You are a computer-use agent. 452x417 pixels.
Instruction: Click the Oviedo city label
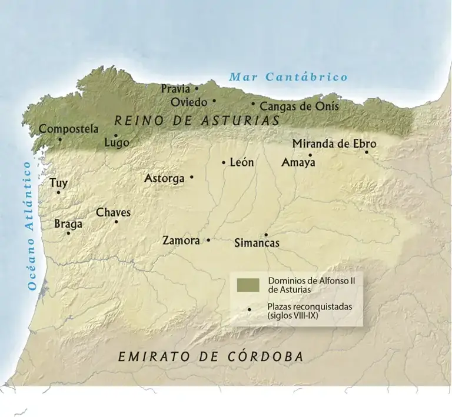pyautogui.click(x=188, y=102)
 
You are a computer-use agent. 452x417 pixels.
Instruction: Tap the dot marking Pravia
pyautogui.click(x=197, y=89)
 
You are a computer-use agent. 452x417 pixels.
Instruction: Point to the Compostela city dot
pyautogui.click(x=59, y=139)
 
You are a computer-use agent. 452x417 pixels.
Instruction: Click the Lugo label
pyautogui.click(x=116, y=143)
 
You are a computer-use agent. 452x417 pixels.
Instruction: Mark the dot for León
pyautogui.click(x=224, y=162)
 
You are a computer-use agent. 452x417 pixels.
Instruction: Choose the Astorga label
pyautogui.click(x=164, y=178)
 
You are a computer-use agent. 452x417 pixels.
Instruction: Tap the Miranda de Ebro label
pyautogui.click(x=334, y=144)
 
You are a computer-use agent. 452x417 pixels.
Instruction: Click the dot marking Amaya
pyautogui.click(x=310, y=155)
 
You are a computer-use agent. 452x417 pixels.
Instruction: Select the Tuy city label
pyautogui.click(x=58, y=183)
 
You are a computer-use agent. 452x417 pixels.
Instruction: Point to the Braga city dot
pyautogui.click(x=68, y=233)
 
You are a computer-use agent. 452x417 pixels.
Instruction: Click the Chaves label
pyautogui.click(x=113, y=212)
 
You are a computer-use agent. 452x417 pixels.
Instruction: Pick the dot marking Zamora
pyautogui.click(x=208, y=240)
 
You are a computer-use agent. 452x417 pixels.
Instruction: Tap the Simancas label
pyautogui.click(x=257, y=243)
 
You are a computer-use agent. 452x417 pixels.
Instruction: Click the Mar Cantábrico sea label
pyautogui.click(x=288, y=77)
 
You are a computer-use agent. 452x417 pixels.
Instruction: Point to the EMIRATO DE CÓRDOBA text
pyautogui.click(x=211, y=356)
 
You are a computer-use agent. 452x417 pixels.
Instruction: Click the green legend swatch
pyautogui.click(x=248, y=285)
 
